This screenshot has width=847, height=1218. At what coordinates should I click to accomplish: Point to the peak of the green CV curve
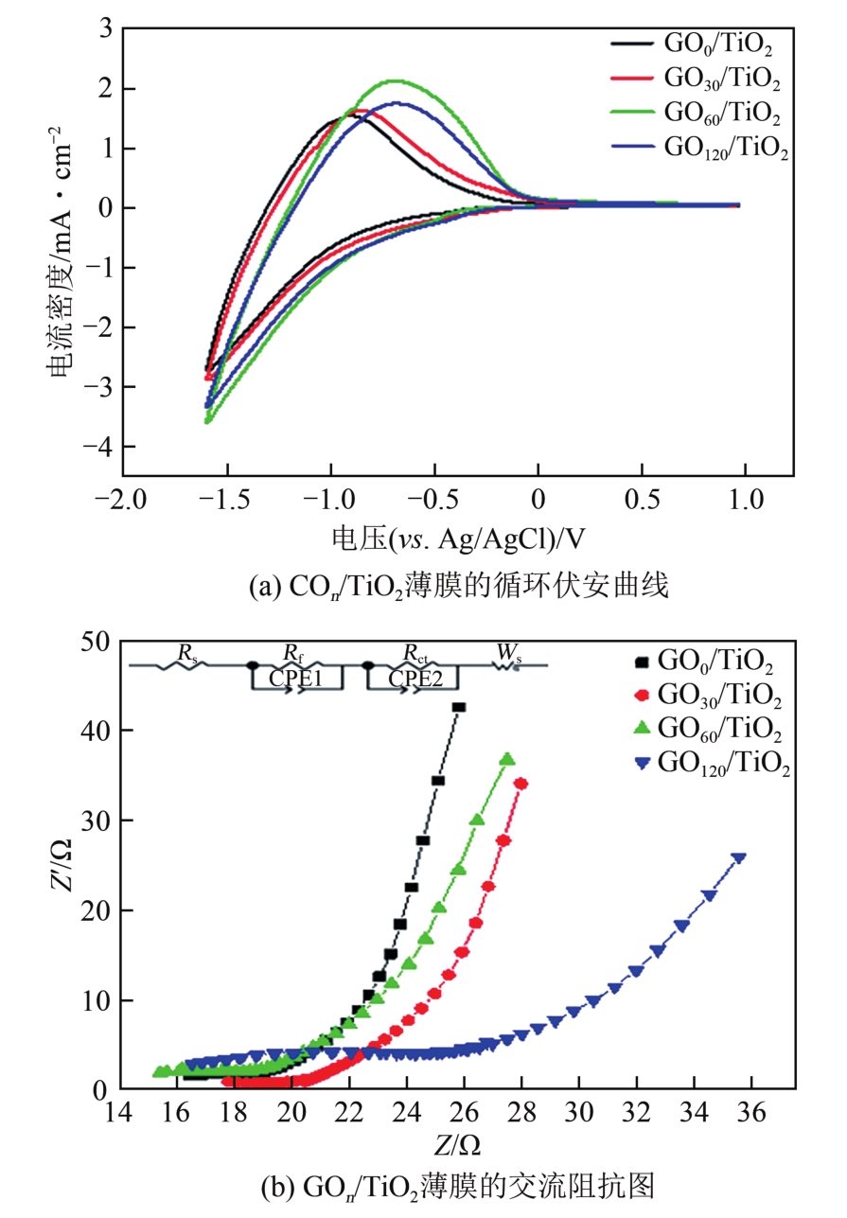pos(395,80)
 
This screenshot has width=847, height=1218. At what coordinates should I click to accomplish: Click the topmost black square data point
pos(459,707)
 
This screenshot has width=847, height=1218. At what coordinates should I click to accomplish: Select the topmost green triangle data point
pos(507,759)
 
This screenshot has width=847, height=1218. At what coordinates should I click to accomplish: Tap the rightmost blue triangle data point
pos(739,858)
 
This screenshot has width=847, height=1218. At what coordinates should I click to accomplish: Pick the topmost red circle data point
pos(521,784)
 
